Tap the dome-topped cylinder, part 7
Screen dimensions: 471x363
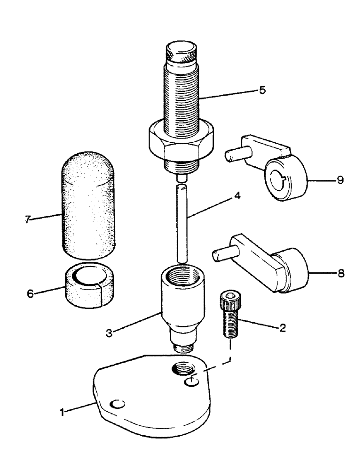pyautogui.click(x=88, y=205)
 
